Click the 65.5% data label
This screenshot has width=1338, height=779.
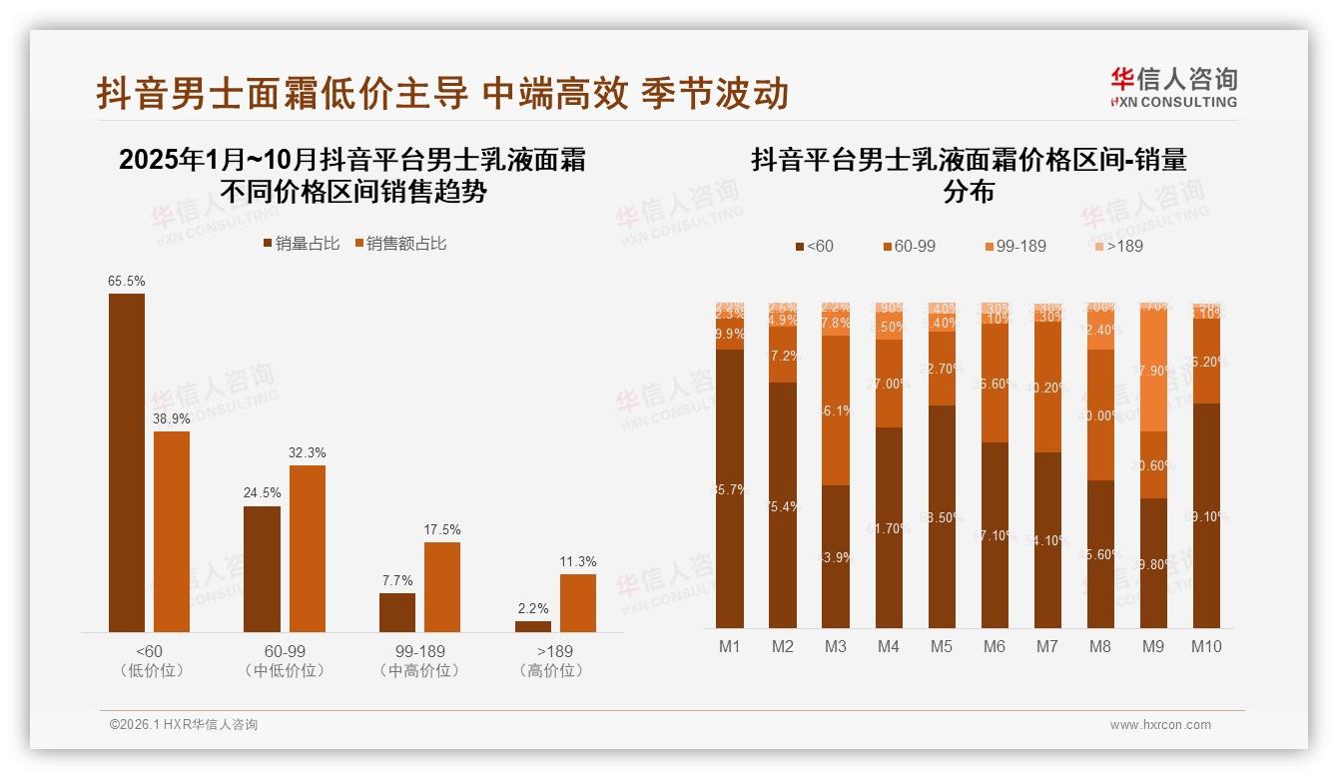126,282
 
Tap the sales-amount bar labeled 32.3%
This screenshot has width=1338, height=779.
308,548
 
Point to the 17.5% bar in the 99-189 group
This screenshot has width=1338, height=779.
442,587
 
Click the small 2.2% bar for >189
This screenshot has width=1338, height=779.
533,626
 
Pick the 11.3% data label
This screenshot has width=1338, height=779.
578,562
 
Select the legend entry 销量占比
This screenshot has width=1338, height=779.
301,244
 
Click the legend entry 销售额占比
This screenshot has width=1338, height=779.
400,244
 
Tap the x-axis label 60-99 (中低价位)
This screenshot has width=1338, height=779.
285,661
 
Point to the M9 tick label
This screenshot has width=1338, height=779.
1152,647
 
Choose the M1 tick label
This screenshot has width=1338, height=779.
730,647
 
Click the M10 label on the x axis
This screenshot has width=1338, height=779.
1205,647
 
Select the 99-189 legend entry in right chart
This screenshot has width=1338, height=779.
1014,246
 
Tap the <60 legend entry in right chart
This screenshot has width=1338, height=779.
814,246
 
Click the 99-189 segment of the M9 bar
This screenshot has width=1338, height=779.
1152,371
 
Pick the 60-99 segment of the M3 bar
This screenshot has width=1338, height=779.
836,410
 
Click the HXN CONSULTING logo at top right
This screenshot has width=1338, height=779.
1173,88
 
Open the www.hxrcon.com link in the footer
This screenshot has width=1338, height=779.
1160,725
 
